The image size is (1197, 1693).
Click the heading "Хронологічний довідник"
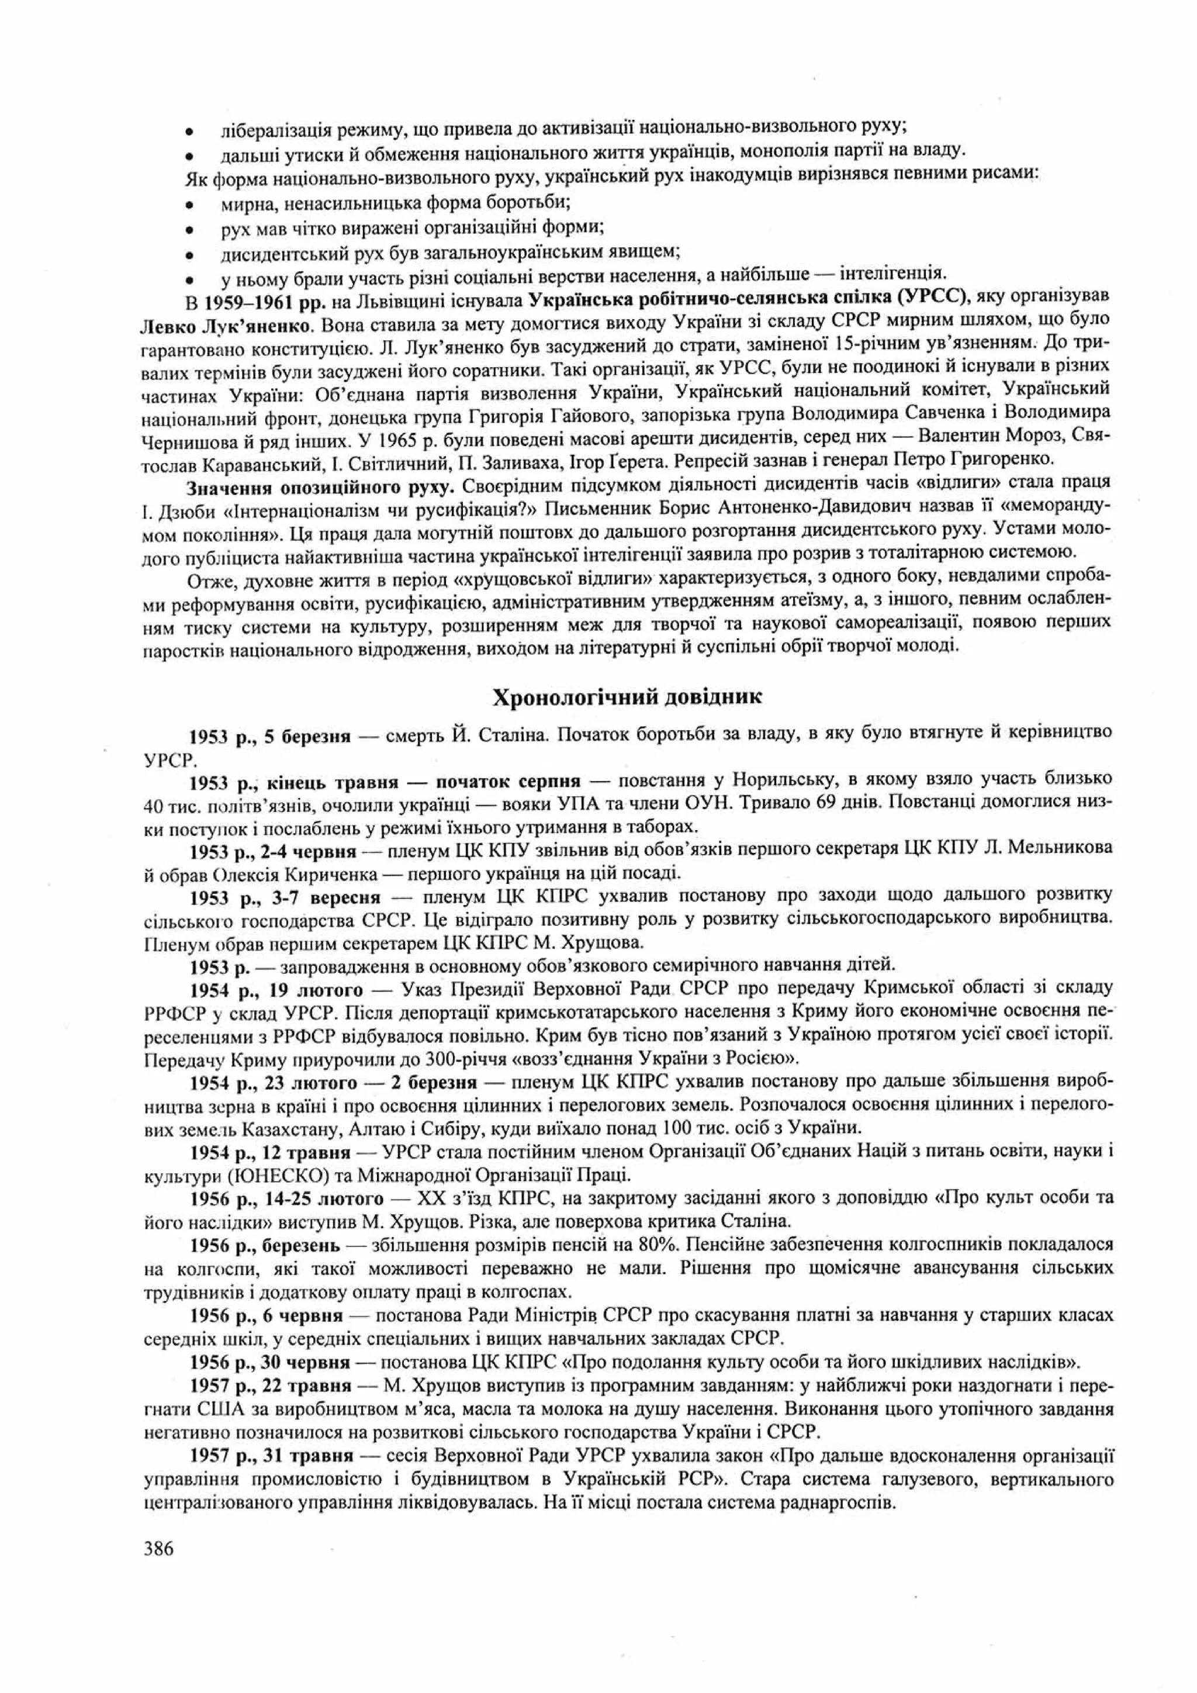(627, 697)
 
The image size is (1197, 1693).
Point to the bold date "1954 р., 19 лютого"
(276, 988)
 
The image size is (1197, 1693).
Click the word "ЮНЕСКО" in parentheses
(274, 1174)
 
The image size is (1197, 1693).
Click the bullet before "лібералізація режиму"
(189, 133)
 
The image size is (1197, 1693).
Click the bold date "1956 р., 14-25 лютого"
(287, 1198)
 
